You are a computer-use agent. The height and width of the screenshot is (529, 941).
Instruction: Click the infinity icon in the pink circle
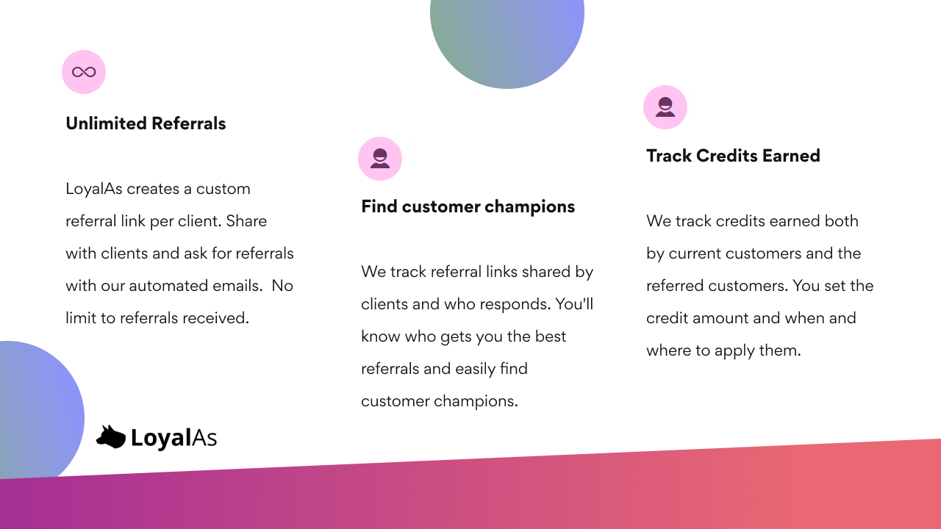[84, 72]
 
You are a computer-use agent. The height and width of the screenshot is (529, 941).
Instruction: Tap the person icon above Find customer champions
[380, 159]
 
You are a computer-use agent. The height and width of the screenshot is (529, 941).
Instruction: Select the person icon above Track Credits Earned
[665, 107]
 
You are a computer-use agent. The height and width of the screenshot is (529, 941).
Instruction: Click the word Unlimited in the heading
[107, 123]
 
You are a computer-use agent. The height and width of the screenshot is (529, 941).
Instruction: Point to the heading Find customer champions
[468, 207]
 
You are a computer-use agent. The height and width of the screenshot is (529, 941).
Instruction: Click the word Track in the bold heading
[669, 156]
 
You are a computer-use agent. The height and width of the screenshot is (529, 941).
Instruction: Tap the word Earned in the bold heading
[791, 156]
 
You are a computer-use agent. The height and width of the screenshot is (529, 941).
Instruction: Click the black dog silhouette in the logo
[111, 436]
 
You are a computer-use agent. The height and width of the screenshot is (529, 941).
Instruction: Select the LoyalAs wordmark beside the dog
[174, 438]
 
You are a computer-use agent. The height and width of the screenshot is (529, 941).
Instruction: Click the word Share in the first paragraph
[246, 221]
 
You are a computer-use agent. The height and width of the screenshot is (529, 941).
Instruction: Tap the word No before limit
[282, 286]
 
